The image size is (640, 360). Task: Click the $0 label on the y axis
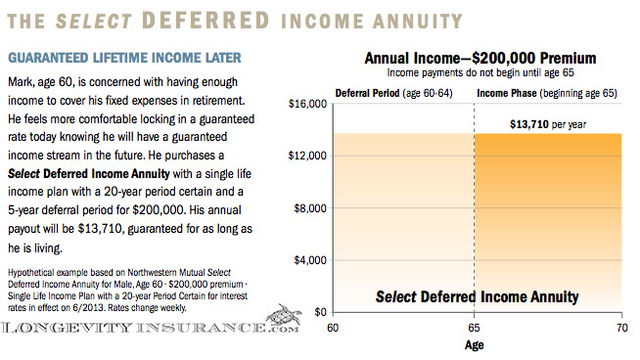coord(317,312)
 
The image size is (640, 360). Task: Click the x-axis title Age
coord(475,344)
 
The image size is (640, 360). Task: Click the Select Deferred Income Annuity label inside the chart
coord(478,296)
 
